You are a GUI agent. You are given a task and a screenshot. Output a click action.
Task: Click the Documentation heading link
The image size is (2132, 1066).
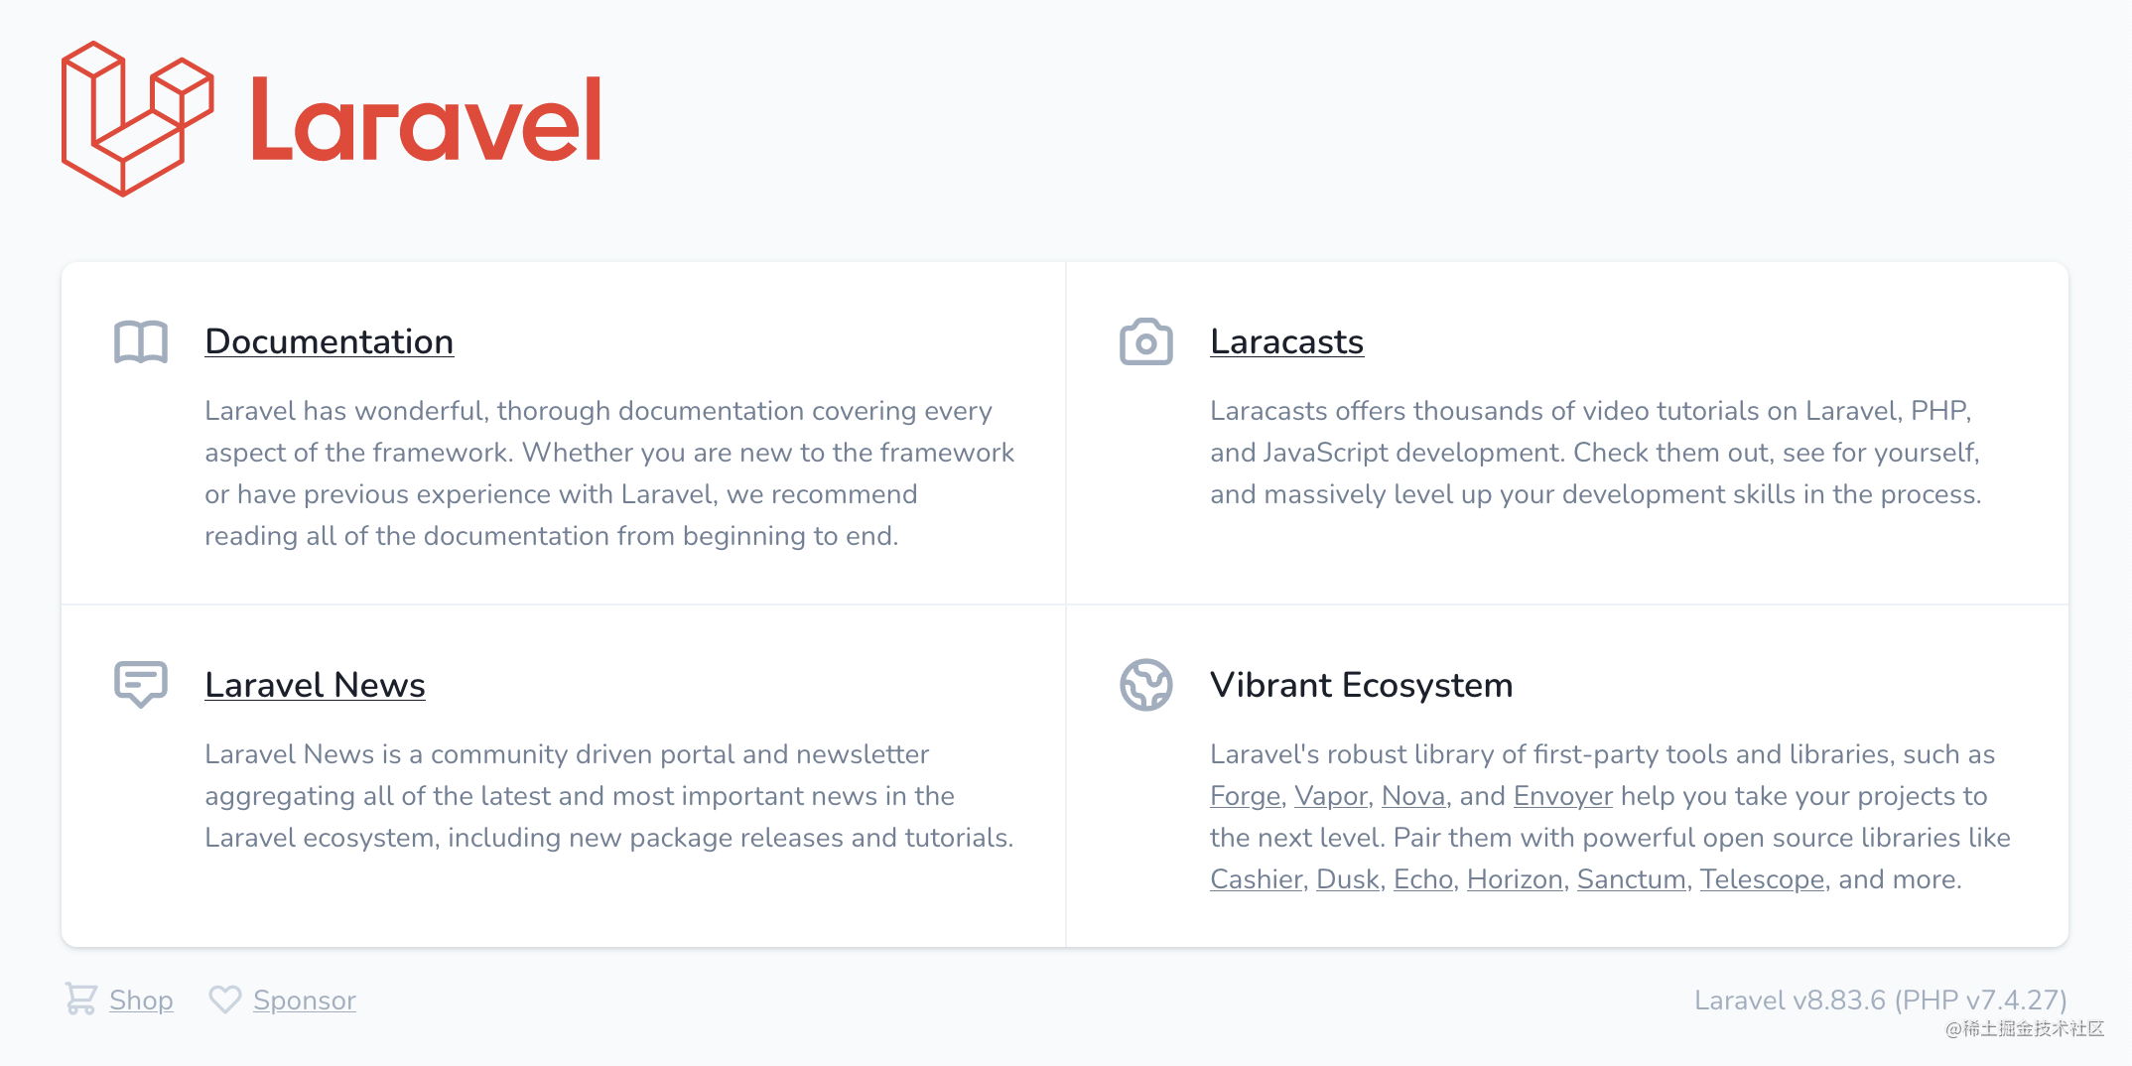point(329,341)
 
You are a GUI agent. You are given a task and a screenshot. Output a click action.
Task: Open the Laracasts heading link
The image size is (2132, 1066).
point(1286,341)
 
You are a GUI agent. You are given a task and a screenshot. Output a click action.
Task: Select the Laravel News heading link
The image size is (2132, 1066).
point(315,685)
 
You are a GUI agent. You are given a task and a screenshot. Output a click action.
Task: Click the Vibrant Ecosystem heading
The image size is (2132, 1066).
point(1361,685)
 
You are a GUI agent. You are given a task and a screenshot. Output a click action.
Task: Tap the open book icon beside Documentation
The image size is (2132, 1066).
point(141,342)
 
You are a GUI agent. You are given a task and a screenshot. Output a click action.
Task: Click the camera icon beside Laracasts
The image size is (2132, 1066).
point(1146,341)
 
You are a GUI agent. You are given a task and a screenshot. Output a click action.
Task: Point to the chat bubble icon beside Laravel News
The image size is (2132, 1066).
point(141,684)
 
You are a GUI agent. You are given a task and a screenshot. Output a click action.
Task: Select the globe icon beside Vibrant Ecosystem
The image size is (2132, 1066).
point(1146,685)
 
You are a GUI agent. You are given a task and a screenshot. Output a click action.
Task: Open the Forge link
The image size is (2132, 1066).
point(1245,796)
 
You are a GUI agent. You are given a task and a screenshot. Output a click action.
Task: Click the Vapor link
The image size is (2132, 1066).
point(1331,796)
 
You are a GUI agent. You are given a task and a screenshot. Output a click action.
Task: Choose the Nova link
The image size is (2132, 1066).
point(1413,796)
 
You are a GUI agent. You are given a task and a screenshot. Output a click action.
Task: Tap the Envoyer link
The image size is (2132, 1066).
point(1563,796)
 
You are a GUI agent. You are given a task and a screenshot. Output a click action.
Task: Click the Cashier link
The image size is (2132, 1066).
point(1256,879)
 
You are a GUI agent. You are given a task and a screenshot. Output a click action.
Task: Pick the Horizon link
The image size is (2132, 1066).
point(1515,879)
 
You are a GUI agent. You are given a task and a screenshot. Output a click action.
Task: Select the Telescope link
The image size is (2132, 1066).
point(1762,879)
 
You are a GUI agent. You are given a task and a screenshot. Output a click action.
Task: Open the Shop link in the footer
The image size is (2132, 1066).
point(141,1000)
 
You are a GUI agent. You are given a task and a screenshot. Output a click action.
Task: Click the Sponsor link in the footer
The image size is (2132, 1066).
point(305,1000)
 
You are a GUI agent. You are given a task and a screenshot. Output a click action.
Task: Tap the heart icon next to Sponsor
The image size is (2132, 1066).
point(225,999)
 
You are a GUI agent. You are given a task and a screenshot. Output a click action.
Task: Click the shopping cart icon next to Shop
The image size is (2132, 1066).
point(81,999)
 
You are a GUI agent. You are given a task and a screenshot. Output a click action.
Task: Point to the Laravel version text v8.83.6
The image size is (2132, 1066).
point(1839,1000)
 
